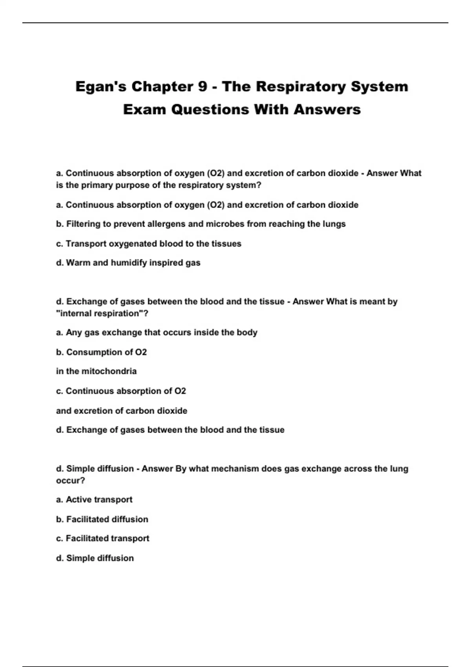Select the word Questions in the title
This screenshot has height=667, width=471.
(210, 109)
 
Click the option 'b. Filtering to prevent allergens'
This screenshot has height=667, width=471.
(201, 224)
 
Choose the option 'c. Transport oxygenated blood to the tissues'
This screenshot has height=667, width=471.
(148, 244)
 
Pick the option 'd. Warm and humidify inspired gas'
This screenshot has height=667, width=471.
(128, 263)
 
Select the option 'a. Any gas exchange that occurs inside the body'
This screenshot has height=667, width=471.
(157, 333)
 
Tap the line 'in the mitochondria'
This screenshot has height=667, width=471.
(96, 371)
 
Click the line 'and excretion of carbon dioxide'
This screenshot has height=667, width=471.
(121, 411)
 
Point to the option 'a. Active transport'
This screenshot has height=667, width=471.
(94, 500)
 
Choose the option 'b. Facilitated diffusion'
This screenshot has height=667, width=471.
(102, 519)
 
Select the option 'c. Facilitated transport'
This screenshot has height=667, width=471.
(102, 538)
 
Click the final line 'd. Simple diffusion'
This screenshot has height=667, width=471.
(95, 558)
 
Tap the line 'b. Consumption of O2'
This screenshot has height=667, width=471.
(101, 352)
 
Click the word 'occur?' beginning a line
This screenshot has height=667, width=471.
(71, 481)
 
